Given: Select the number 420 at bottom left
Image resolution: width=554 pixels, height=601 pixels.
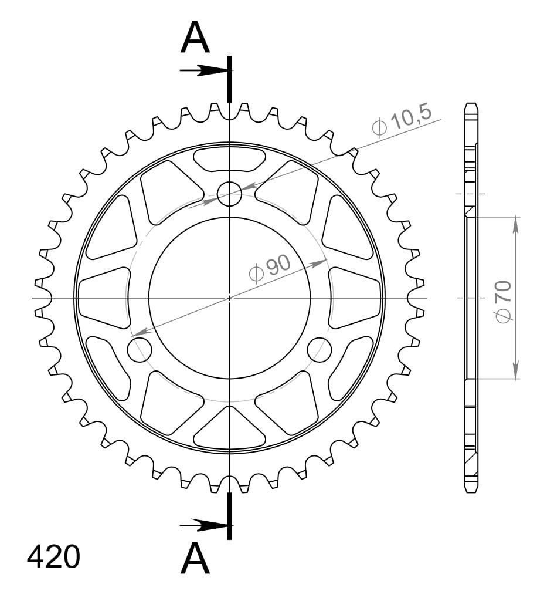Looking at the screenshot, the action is [x=53, y=557].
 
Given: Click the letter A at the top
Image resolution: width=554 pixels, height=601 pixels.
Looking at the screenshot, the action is [x=195, y=38].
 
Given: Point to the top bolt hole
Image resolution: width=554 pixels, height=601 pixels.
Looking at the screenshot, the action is [x=229, y=194].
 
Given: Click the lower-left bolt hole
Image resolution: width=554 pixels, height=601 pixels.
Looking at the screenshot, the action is [x=140, y=350].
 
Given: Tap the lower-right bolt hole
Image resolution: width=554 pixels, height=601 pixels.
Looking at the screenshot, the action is [x=320, y=350].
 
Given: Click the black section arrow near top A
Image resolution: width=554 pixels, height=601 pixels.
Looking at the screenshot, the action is [x=205, y=70].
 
